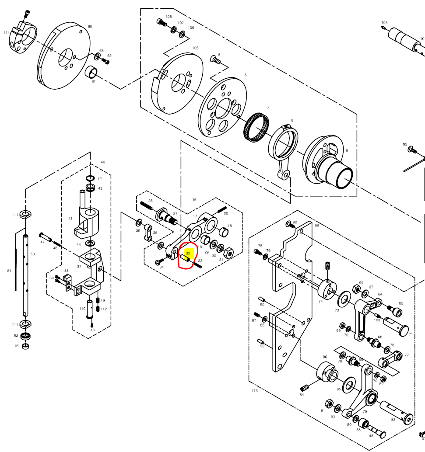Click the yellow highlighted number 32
click(x=188, y=253)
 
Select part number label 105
click(x=195, y=48)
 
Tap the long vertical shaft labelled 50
click(x=26, y=275)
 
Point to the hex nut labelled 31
click(x=228, y=252)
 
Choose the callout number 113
click(x=254, y=391)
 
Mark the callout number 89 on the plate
click(x=317, y=225)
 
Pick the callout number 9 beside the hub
click(x=347, y=150)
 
